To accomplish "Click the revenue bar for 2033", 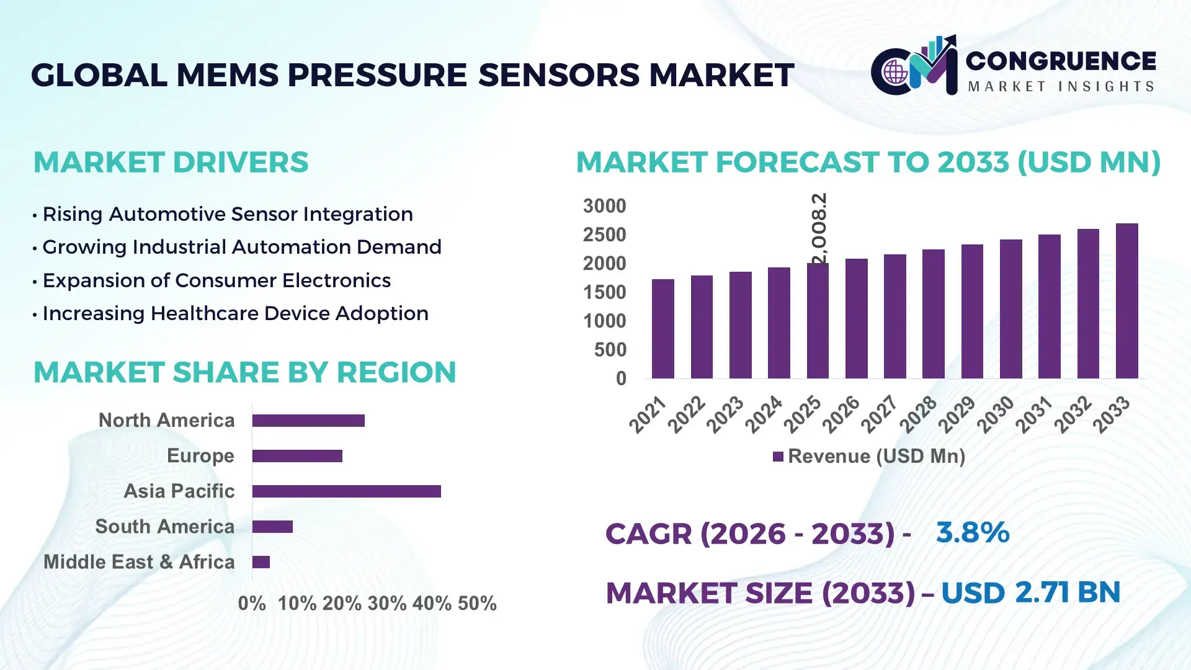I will tap(1126, 301).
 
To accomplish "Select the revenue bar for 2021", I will tap(662, 329).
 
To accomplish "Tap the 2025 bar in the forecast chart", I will tap(818, 321).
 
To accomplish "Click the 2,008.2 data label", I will tap(819, 228).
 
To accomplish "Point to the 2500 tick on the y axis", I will tap(604, 235).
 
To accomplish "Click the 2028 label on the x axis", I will tap(918, 414).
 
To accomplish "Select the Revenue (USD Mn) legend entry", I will tap(868, 457).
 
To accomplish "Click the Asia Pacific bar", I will tap(346, 491).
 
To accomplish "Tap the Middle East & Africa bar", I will tap(261, 562).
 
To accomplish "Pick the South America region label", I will tap(164, 527).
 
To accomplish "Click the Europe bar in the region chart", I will tap(297, 456).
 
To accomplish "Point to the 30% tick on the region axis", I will tap(387, 604).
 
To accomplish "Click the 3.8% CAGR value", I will tap(972, 532).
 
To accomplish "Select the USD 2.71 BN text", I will tap(1030, 592).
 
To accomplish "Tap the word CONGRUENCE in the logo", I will tap(1060, 61).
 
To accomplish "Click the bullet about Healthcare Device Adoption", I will tap(234, 313).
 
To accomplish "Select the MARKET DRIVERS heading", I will tap(171, 163).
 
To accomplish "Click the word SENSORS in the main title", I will tap(558, 75).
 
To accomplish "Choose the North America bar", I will tap(308, 421).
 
